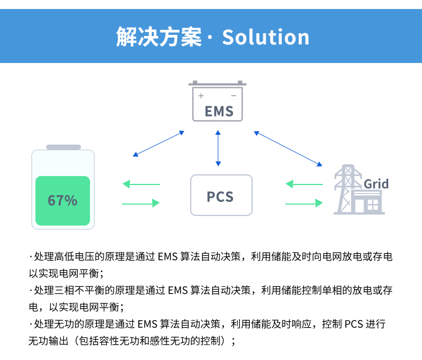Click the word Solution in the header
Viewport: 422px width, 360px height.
[x=266, y=37]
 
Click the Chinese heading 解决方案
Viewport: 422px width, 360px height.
[x=159, y=37]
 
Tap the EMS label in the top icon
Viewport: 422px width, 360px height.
[x=219, y=111]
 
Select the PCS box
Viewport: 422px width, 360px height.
[x=221, y=196]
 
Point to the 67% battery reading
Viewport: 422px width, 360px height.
[x=62, y=200]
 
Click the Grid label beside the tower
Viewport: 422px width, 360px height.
[x=376, y=184]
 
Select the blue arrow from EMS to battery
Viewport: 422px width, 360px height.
[x=158, y=144]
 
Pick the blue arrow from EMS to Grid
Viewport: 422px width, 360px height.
[x=288, y=148]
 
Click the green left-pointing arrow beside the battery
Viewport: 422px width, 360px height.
[x=141, y=184]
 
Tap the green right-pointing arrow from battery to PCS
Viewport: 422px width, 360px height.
[x=141, y=203]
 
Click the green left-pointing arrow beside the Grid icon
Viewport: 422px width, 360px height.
[x=304, y=184]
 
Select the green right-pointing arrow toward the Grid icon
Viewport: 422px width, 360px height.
[x=304, y=203]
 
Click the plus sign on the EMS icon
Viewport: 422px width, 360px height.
[x=201, y=96]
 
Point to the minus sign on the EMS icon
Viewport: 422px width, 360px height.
[x=234, y=96]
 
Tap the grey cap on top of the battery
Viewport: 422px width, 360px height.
[x=63, y=147]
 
